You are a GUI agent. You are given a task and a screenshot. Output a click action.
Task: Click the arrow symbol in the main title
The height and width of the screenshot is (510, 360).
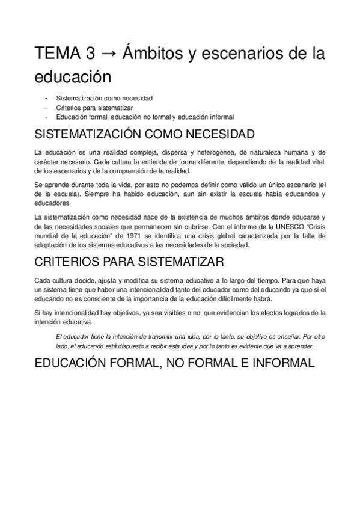[108, 53]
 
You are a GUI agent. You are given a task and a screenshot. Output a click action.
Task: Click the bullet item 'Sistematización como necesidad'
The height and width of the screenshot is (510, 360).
[104, 97]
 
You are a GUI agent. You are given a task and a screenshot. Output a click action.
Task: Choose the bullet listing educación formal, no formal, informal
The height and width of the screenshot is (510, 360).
[144, 117]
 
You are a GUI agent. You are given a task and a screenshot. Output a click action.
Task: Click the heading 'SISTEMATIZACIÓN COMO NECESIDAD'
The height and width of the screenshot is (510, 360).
[145, 134]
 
